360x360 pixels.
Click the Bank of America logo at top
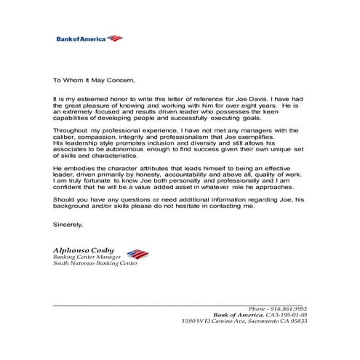tap(89, 39)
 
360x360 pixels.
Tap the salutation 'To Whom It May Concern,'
tap(95, 81)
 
